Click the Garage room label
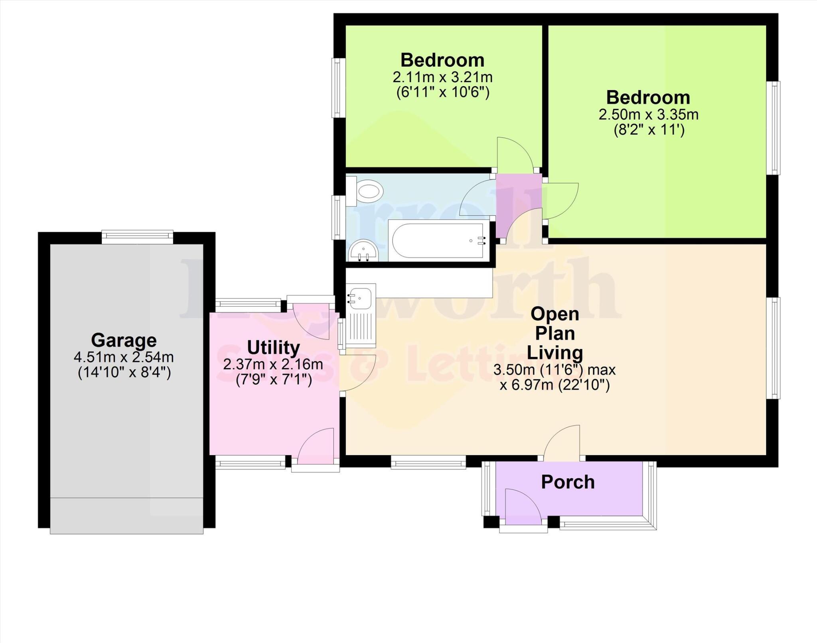pos(124,340)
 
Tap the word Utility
pos(273,348)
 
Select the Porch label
pos(568,482)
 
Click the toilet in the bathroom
pos(366,191)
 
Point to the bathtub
pos(438,241)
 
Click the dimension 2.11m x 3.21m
pos(442,77)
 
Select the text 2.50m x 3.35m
pos(648,115)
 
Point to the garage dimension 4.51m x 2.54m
pos(124,357)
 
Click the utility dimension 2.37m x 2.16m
pos(273,364)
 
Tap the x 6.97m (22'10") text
pos(555,385)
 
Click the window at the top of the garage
pos(137,237)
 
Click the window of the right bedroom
pos(774,128)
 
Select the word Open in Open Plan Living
pos(555,314)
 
